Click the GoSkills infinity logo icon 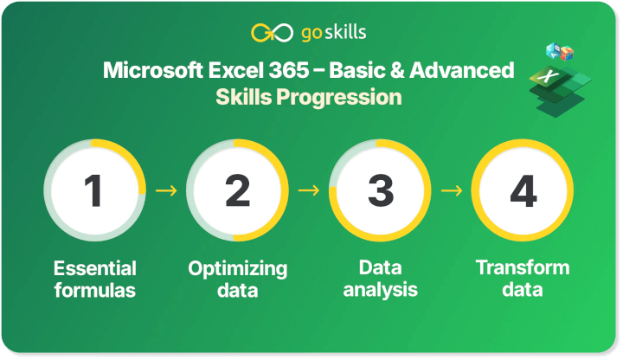point(267,33)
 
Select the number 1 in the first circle point(94,190)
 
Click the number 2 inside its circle point(237,190)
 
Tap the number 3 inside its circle point(380,190)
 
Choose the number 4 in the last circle point(523,190)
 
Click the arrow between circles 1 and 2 point(166,190)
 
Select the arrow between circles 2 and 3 point(309,190)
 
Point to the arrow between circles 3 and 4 point(452,190)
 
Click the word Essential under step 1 point(95,268)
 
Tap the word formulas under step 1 point(95,290)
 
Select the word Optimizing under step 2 point(237,268)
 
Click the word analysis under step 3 point(380,290)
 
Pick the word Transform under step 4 point(523,267)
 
